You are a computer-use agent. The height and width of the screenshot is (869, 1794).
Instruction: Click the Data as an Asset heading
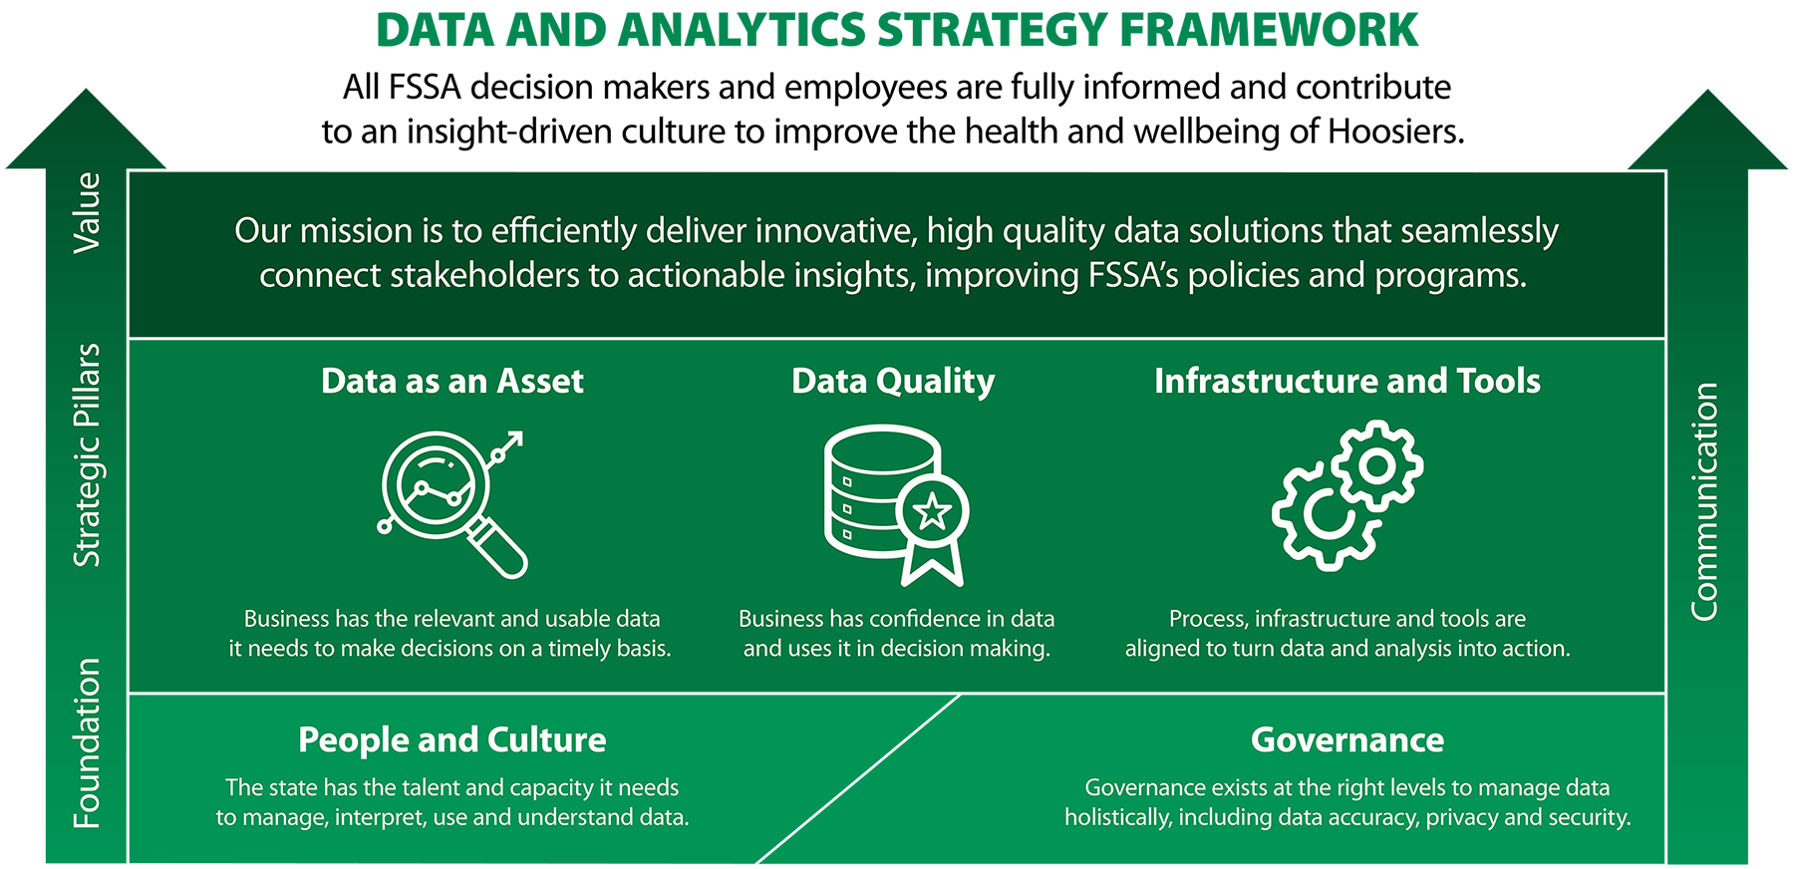(x=451, y=381)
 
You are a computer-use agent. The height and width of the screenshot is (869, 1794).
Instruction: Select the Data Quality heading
(x=892, y=381)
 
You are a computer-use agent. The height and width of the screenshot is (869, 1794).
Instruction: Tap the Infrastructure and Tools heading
(x=1346, y=381)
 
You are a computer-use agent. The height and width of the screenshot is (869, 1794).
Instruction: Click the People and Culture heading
(x=451, y=739)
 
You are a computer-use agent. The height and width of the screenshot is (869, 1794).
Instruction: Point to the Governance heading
(x=1346, y=739)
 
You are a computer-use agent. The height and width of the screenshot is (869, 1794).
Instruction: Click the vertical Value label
(x=88, y=212)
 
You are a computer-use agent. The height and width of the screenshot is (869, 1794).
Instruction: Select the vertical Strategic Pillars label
(x=88, y=454)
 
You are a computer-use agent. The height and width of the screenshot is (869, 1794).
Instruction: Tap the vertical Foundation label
(x=88, y=742)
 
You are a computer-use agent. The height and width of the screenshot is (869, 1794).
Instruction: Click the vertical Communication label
(x=1705, y=501)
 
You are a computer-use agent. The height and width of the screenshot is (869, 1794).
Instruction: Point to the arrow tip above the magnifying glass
(x=516, y=437)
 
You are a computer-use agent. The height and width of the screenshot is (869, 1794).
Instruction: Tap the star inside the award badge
(x=933, y=511)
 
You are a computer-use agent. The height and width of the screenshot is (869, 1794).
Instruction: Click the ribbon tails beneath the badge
(x=933, y=566)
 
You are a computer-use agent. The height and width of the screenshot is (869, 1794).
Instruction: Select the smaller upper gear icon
(x=1378, y=465)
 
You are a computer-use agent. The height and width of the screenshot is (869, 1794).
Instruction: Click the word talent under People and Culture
(x=431, y=788)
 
